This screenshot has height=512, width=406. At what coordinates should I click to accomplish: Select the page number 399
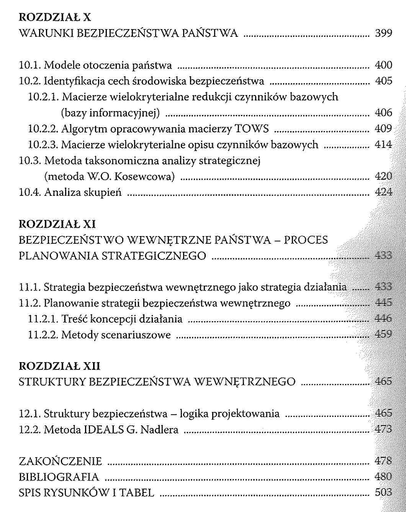(384, 33)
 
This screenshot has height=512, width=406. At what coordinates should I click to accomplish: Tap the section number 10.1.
(30, 65)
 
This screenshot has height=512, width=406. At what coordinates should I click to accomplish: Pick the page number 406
(384, 113)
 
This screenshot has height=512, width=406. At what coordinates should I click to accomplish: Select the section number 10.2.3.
(43, 144)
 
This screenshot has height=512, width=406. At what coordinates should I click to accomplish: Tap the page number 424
(384, 192)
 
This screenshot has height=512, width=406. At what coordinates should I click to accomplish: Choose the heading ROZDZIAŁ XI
(57, 224)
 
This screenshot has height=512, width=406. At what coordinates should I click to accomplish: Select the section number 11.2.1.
(43, 319)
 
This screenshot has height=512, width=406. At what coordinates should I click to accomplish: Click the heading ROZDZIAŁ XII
(59, 366)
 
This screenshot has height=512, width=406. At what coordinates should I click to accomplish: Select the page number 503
(384, 492)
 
